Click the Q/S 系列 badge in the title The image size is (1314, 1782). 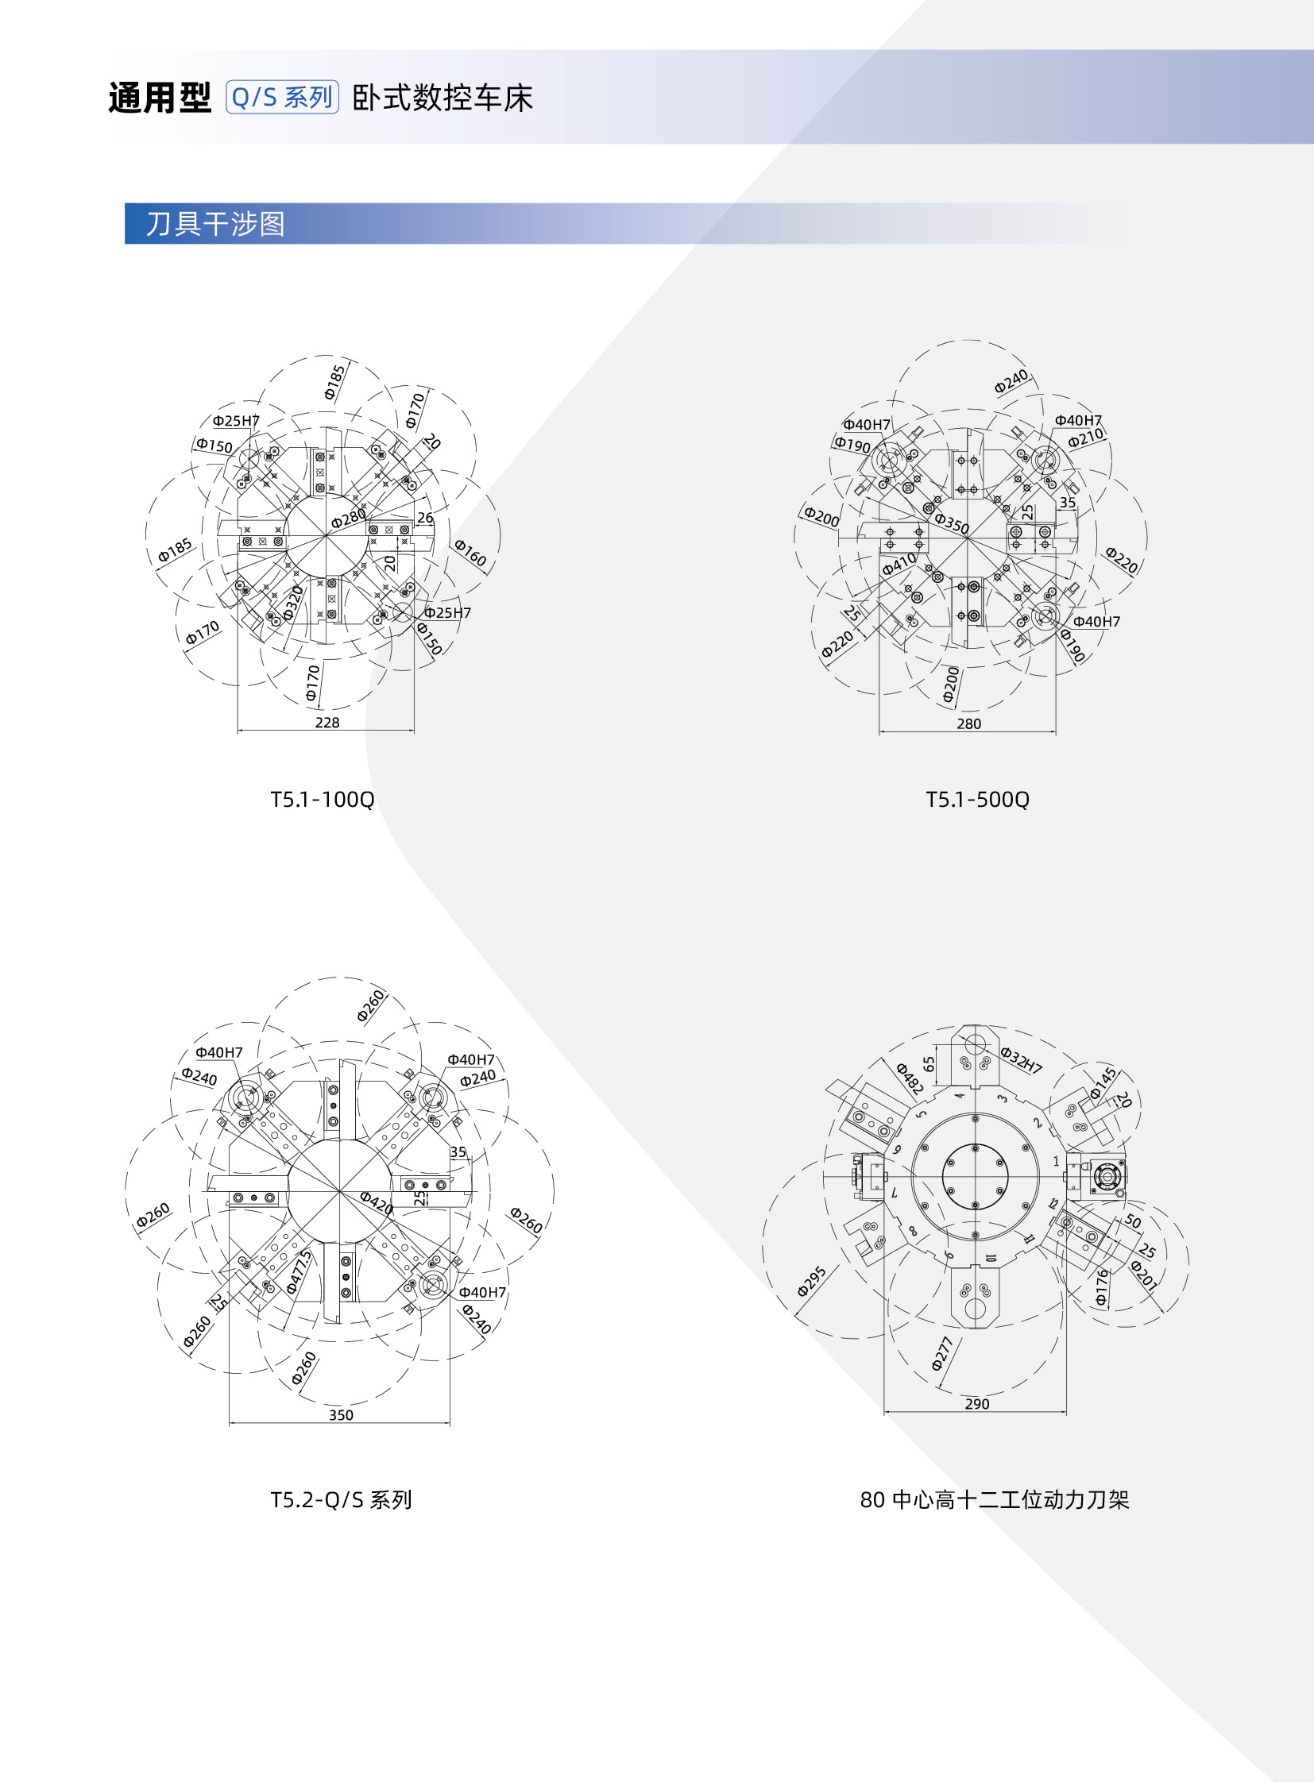282,97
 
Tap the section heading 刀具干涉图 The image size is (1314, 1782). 214,223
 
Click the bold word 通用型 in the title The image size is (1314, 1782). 160,98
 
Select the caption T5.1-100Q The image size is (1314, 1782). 322,799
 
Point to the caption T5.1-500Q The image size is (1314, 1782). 977,799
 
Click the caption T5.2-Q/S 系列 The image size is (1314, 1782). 342,1500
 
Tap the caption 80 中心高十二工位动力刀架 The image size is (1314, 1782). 995,1500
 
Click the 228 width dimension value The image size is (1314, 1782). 327,722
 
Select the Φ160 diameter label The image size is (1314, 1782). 470,552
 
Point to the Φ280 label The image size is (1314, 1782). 349,519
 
